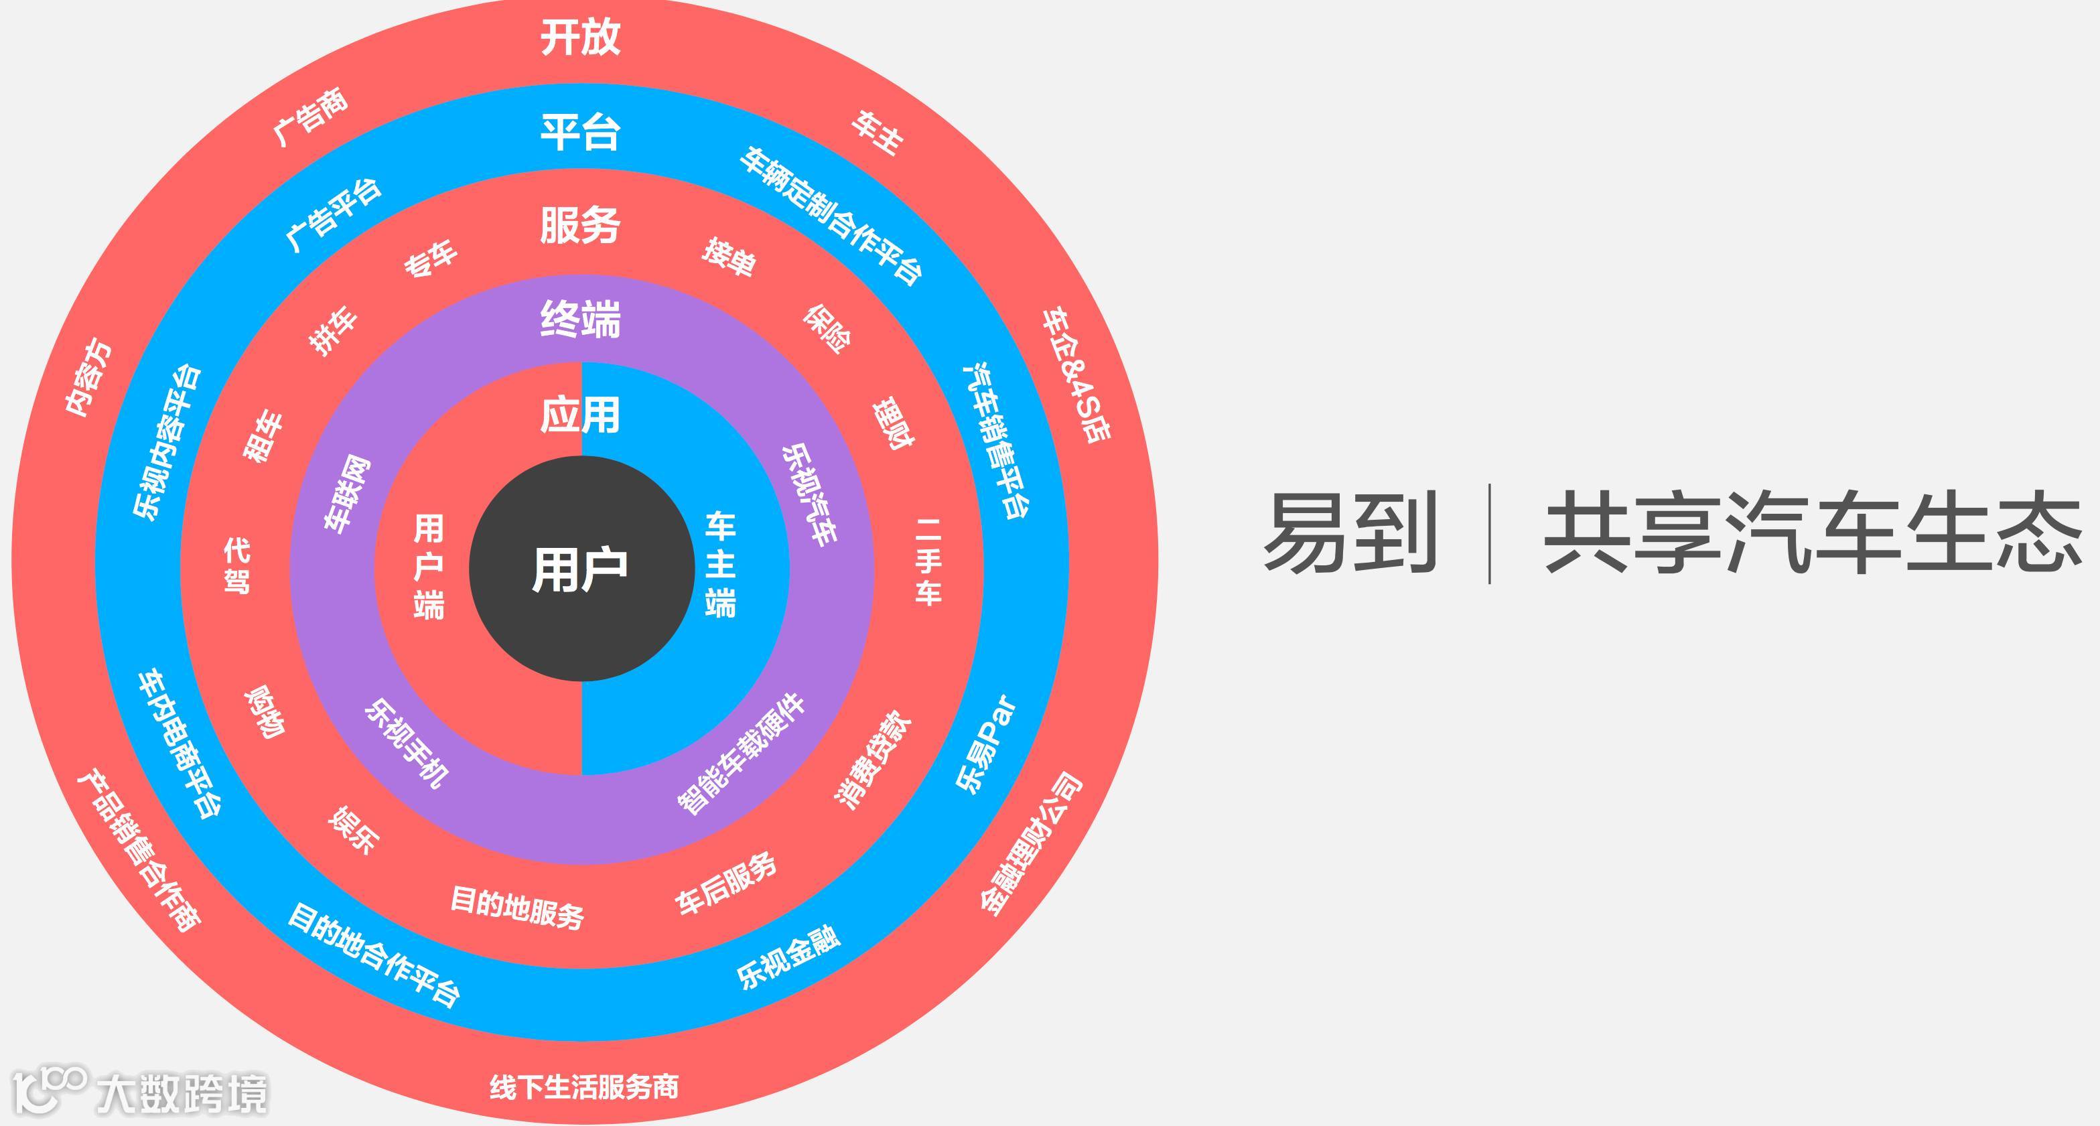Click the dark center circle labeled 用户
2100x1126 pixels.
tap(581, 568)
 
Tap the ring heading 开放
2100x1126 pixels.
tap(581, 38)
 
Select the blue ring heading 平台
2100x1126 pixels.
tap(581, 131)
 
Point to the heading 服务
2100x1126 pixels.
tap(581, 225)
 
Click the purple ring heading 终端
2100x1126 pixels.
tap(581, 319)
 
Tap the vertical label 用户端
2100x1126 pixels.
tap(429, 567)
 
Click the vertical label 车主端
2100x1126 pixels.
tap(720, 565)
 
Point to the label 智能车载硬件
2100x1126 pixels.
tap(741, 754)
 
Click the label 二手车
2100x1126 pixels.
tap(928, 562)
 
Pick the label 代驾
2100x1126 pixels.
tap(236, 565)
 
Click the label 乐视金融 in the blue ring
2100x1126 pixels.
tap(788, 959)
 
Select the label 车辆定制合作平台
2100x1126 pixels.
tap(831, 216)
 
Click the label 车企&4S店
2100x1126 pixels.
tap(1076, 375)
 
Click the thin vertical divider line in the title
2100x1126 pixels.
tap(1489, 533)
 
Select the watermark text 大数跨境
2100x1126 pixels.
tap(182, 1093)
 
